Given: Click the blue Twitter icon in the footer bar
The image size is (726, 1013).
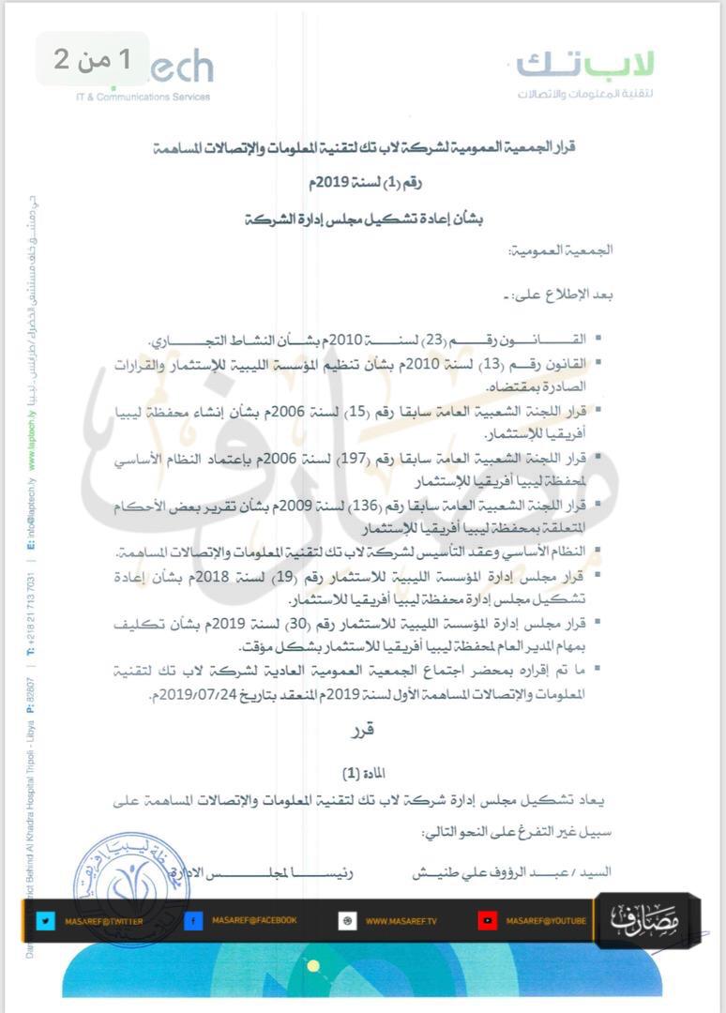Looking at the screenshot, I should [x=44, y=921].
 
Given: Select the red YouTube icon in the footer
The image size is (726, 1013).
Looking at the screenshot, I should [x=487, y=921].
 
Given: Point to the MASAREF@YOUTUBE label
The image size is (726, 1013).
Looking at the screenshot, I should [x=546, y=921].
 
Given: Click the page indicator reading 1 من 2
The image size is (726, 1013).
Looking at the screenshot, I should [x=93, y=59].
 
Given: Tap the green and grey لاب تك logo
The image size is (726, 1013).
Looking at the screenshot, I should [x=585, y=73].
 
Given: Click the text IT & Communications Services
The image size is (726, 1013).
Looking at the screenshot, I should [x=144, y=97].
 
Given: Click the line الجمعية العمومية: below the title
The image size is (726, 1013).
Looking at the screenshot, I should [x=560, y=251].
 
